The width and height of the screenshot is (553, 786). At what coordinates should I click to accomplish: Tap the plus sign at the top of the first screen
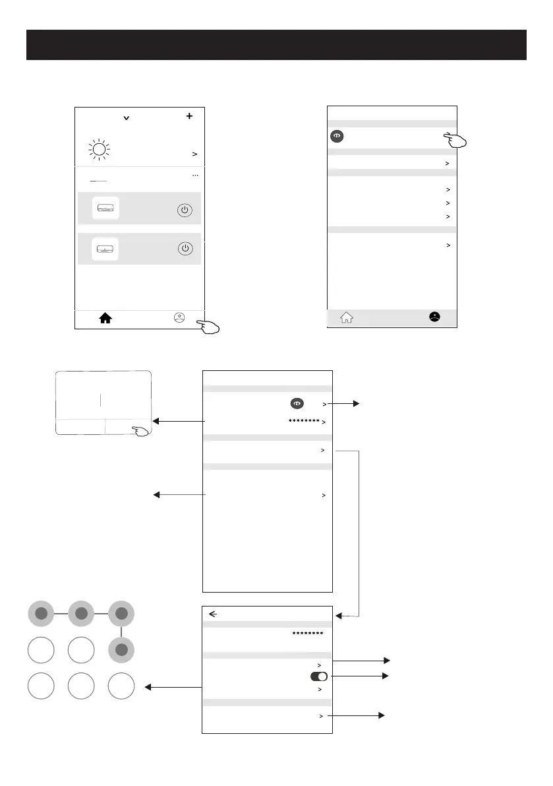[190, 115]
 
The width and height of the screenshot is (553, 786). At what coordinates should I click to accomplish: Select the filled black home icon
[105, 318]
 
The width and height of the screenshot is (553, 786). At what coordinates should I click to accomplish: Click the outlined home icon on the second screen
[346, 317]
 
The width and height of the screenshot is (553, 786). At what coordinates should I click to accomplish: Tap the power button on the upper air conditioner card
[186, 210]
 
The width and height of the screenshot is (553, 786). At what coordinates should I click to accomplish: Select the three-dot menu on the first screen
[194, 176]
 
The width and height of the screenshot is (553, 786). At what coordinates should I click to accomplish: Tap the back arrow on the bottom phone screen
[213, 613]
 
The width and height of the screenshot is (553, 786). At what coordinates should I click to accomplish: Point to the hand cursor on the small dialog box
[141, 431]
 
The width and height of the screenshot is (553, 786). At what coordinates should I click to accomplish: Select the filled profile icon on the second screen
[433, 317]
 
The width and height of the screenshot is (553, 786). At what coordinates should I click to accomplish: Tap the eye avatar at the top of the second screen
[336, 137]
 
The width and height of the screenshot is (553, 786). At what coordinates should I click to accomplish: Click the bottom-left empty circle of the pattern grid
[41, 687]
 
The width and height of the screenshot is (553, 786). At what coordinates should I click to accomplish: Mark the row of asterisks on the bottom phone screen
[307, 634]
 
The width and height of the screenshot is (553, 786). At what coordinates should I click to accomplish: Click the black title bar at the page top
[276, 44]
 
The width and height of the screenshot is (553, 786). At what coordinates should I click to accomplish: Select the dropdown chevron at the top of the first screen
[126, 118]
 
